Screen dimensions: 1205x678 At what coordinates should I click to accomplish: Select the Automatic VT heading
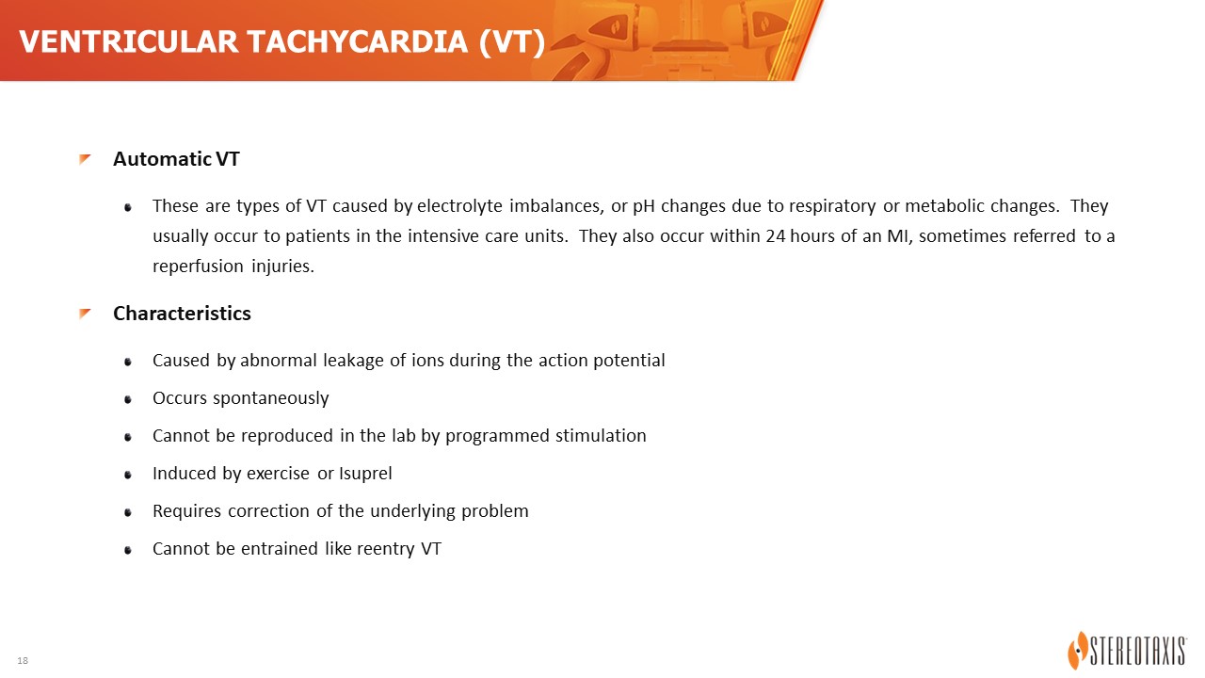click(x=176, y=159)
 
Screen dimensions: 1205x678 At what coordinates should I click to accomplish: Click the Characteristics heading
click(x=182, y=314)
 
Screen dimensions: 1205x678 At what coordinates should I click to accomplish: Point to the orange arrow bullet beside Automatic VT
click(x=85, y=159)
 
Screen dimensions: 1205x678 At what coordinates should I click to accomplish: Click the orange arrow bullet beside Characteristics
click(x=85, y=314)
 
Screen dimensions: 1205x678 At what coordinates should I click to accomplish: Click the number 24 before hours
click(x=775, y=236)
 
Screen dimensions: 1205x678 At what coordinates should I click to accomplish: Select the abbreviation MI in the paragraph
click(x=896, y=236)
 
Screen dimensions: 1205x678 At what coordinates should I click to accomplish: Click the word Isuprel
click(x=365, y=474)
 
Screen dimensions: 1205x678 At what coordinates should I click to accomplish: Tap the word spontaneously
click(x=270, y=398)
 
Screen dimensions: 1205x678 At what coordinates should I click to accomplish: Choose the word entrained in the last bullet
click(x=280, y=549)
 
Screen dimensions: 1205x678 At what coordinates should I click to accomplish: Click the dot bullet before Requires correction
click(x=128, y=513)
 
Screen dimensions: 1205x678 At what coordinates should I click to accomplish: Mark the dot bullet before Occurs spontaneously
click(x=128, y=400)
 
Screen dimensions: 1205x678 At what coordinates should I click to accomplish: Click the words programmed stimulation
click(x=545, y=436)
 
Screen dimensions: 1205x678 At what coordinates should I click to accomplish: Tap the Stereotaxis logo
click(x=1127, y=650)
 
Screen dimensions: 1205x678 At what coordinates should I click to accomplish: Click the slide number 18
click(x=23, y=661)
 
